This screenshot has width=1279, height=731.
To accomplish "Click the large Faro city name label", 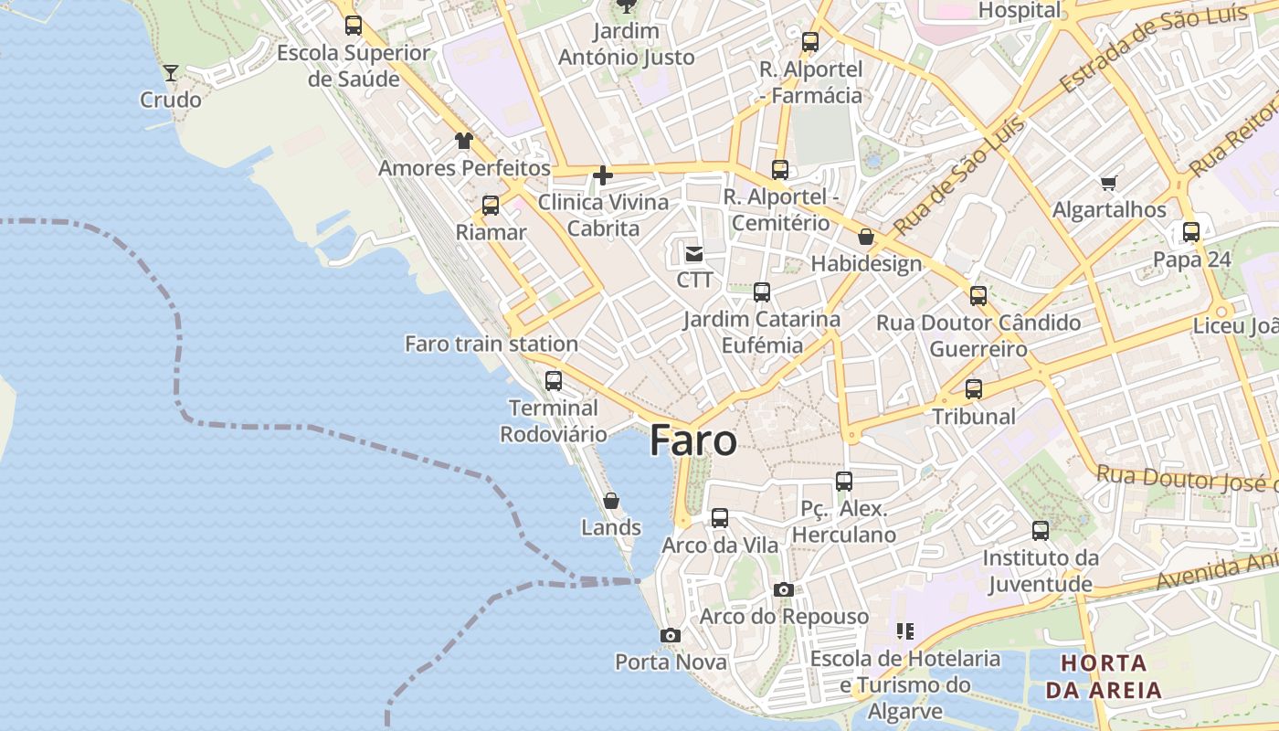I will click(x=693, y=441).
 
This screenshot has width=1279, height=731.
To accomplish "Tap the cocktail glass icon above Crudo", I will click(x=171, y=73).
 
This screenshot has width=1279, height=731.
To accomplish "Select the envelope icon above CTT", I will click(x=694, y=253).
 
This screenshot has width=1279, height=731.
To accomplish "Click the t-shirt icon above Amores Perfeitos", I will click(x=464, y=141).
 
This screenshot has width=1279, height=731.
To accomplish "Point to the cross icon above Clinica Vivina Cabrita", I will click(x=602, y=175).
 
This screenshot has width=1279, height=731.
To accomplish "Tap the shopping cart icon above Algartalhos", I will click(x=1109, y=184).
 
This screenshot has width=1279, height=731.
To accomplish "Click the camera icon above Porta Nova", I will click(x=671, y=635).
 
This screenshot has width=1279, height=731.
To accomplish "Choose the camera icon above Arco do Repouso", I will click(x=783, y=589).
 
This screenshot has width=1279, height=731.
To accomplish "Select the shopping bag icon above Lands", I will click(x=611, y=501).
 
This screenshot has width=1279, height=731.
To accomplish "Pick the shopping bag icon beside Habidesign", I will click(x=866, y=238).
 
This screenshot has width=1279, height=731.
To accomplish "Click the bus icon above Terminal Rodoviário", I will click(x=554, y=381).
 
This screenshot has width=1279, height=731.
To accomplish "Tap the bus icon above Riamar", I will click(x=491, y=206).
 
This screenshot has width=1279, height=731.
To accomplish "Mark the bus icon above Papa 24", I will click(x=1191, y=232).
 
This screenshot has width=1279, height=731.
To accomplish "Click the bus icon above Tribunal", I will click(x=974, y=389).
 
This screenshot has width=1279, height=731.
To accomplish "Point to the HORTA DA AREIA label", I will click(x=1104, y=676).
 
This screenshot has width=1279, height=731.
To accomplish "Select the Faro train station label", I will click(x=492, y=344).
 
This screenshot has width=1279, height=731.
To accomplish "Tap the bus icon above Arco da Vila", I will click(x=720, y=518).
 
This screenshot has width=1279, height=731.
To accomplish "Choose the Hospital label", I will click(x=1020, y=11).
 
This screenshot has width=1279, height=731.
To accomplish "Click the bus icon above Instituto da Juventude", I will click(x=1041, y=531).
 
